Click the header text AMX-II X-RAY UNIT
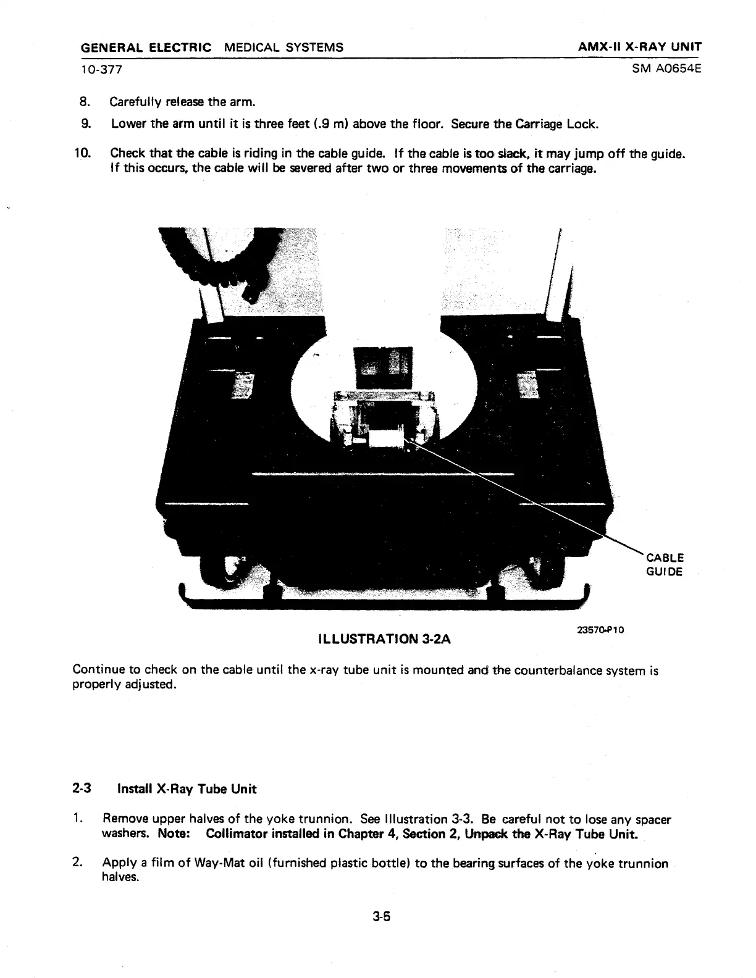pos(639,48)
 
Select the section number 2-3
pos(82,788)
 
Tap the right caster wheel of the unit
pos(544,568)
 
